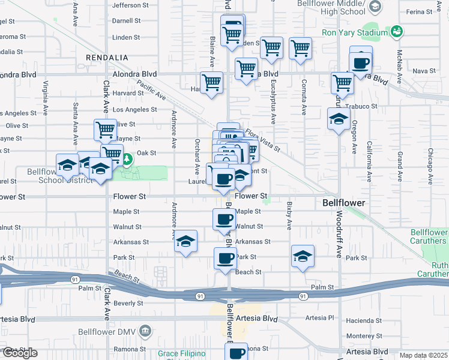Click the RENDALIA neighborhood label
point(107,57)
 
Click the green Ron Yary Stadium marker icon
point(396,31)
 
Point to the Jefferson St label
point(130,5)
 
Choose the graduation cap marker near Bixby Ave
point(303,255)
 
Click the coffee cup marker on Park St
point(225,258)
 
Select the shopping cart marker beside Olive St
point(105,129)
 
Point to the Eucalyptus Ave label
point(273,102)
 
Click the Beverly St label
point(128,304)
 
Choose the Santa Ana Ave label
point(76,124)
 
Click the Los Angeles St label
point(135,110)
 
